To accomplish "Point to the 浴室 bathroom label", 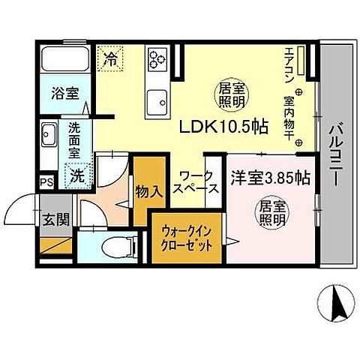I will pos(64,94).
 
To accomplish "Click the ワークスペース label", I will pos(197,184).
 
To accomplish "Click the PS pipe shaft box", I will pos(46,181).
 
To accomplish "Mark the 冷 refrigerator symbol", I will pos(110,56).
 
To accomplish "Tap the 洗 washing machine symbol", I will pos(78,178).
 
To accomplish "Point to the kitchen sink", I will pos(158,97).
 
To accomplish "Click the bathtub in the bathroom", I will pos(64,59).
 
